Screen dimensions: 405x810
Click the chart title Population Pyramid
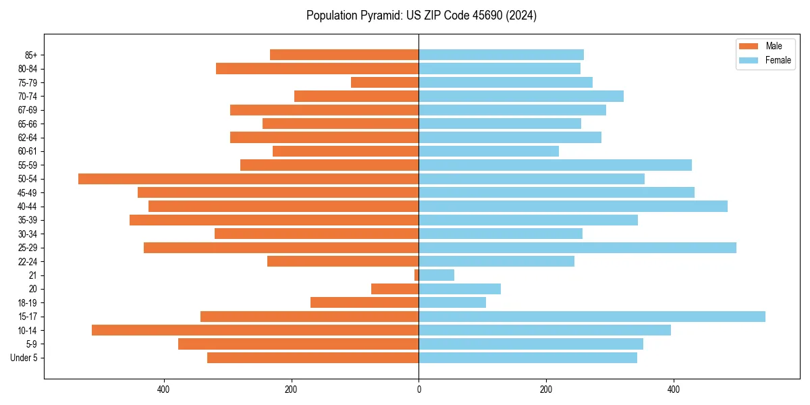point(421,16)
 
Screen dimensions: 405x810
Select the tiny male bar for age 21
point(416,275)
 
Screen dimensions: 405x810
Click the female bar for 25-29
point(577,248)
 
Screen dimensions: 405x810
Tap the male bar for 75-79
point(385,82)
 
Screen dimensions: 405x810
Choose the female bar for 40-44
point(573,207)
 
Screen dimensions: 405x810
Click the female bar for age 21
point(437,275)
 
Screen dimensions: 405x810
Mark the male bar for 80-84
point(317,68)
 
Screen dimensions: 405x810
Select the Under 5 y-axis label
point(24,358)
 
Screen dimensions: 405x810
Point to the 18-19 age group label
point(28,303)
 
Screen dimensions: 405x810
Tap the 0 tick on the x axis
point(418,389)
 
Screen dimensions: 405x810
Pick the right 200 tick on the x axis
point(546,389)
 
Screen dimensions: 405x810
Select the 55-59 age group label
point(28,165)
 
